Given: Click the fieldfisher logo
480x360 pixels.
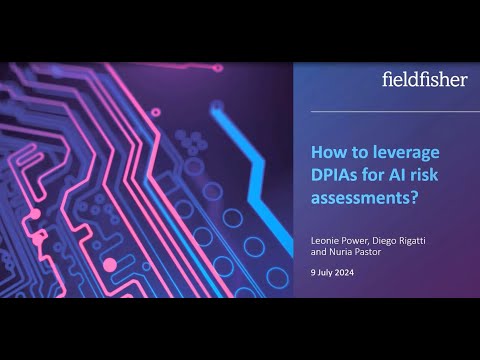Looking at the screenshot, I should tap(425, 79).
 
